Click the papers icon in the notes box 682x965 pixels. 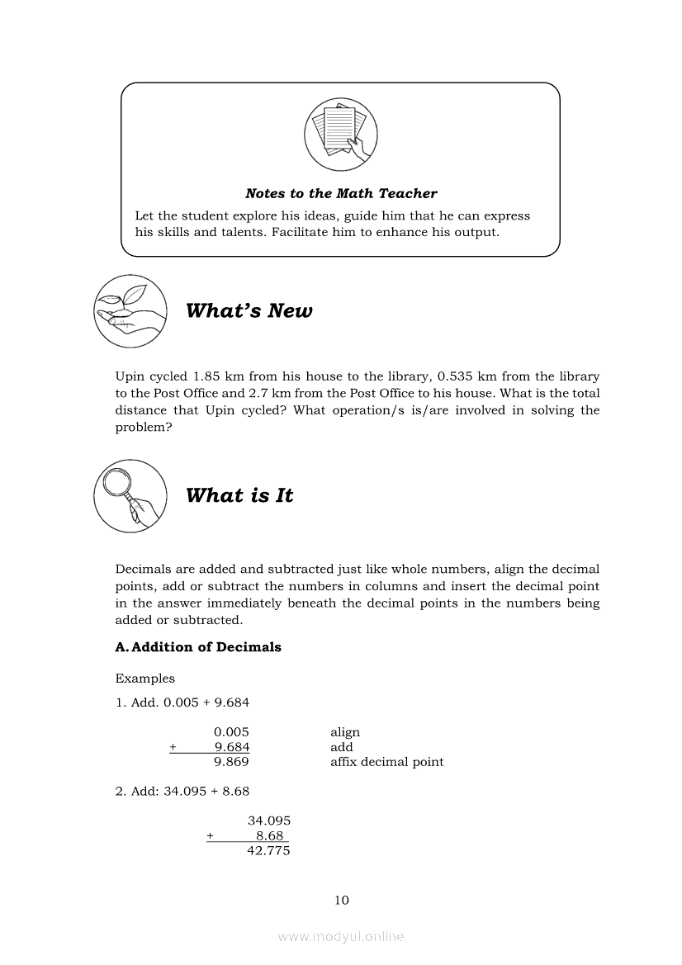[x=340, y=134]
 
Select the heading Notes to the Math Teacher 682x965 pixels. [x=341, y=194]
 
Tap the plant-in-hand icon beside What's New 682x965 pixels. [x=131, y=311]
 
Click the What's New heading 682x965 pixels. [x=249, y=311]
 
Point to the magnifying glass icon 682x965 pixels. [x=131, y=495]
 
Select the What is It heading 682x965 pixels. [x=239, y=496]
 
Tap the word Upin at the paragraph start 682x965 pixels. [x=130, y=376]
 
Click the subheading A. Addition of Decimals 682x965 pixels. [x=198, y=647]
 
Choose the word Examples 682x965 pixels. [x=145, y=679]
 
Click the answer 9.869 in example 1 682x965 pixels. [x=231, y=762]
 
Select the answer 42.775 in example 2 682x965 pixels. [x=268, y=850]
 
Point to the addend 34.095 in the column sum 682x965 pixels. [x=268, y=821]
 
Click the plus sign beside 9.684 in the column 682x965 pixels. [x=173, y=747]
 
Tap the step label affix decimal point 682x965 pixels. [x=386, y=762]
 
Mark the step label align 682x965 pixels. [x=345, y=732]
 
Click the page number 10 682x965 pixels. [x=342, y=900]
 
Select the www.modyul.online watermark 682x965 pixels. [x=341, y=937]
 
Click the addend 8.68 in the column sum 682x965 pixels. [x=272, y=835]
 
